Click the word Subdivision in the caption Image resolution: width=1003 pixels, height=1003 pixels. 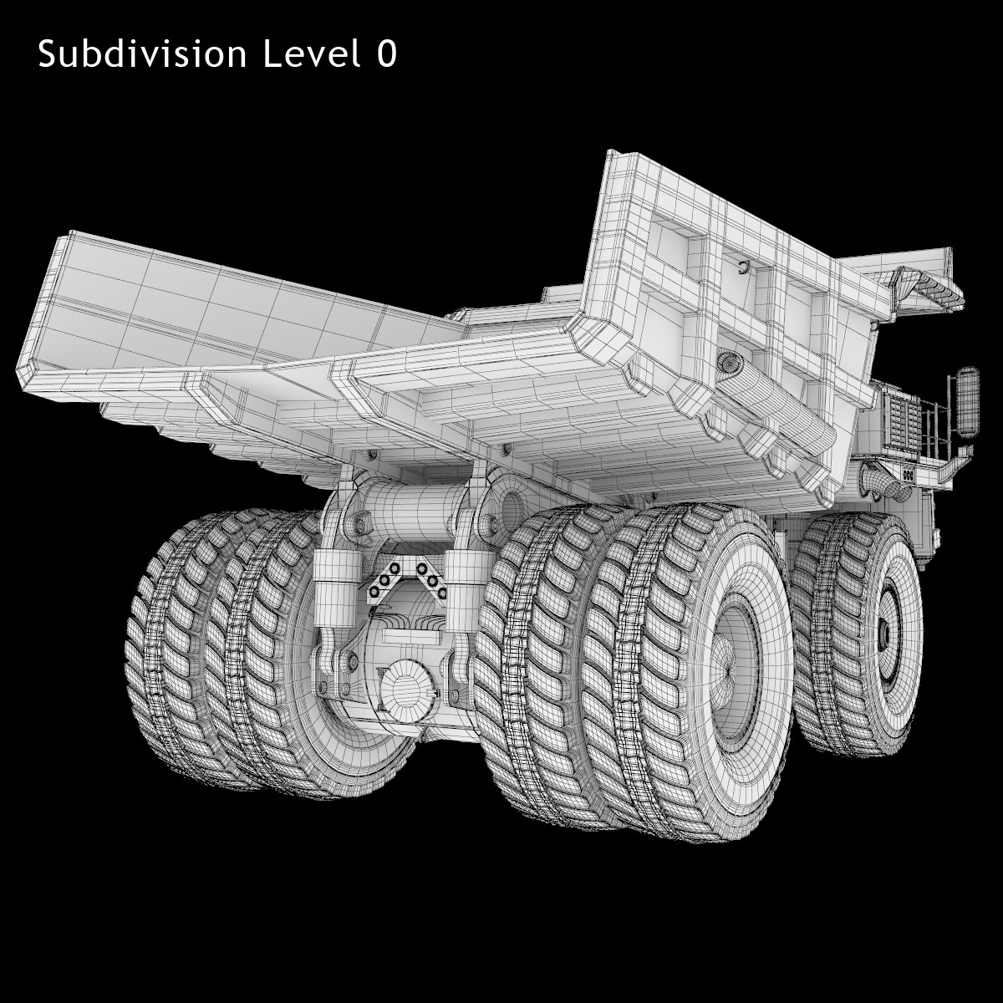click(142, 54)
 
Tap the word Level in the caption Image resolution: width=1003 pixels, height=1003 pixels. click(312, 53)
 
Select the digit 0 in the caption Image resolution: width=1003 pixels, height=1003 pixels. click(387, 53)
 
